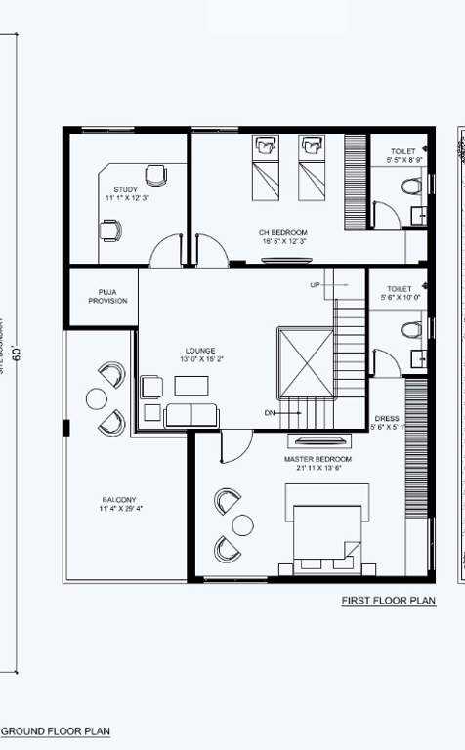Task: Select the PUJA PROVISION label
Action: (x=107, y=296)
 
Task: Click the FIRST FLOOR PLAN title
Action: (x=388, y=601)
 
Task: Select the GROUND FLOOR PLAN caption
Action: (x=55, y=730)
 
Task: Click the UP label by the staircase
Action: (x=315, y=285)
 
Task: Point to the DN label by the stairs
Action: (x=270, y=413)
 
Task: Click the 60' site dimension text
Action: (x=17, y=352)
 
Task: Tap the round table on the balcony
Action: (x=96, y=398)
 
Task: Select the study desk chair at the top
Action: (x=155, y=176)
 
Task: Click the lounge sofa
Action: (x=191, y=415)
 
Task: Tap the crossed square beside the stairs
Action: (x=306, y=361)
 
